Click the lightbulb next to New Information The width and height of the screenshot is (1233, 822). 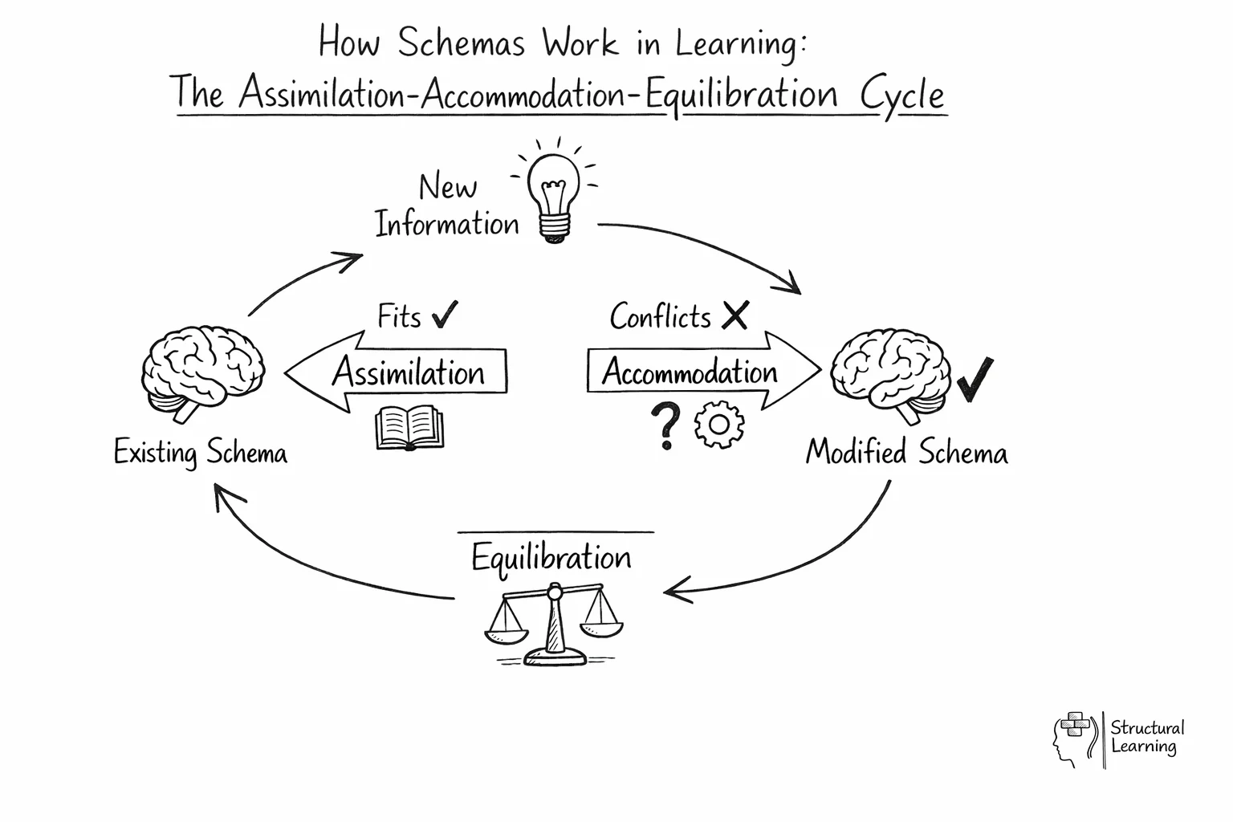coord(553,195)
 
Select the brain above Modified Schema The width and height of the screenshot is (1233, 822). coord(890,374)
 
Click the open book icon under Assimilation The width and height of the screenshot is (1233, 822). coord(409,428)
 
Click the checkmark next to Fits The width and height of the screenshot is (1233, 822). coord(445,315)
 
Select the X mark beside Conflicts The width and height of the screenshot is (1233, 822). coord(735,315)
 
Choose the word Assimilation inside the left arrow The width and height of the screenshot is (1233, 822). coord(409,372)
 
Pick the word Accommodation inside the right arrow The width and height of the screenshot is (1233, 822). coord(690,372)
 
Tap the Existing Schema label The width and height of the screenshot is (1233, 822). coord(200,453)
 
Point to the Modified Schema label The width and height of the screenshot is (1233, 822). coord(906,452)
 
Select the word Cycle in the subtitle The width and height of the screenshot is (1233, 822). coord(902,95)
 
